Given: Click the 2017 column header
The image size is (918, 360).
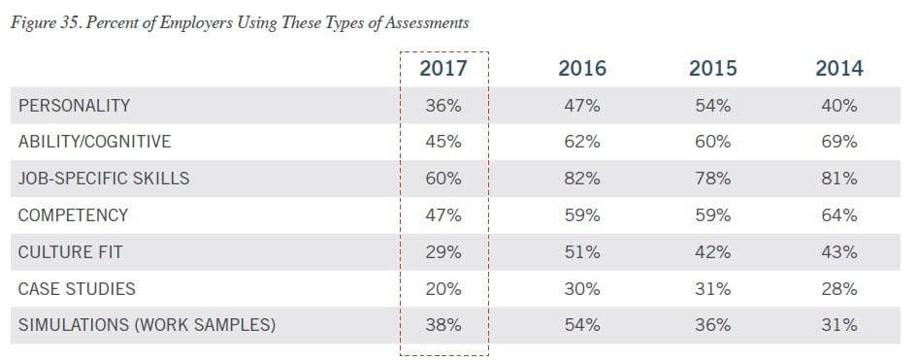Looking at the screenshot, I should pos(443,69).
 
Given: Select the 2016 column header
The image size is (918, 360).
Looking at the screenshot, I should pos(582,69).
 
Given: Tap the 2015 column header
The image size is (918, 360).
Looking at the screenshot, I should pos(712,69).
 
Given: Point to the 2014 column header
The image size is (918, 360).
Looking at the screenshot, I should pos(839,69).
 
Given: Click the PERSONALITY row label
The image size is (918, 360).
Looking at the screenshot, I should pos(74,105).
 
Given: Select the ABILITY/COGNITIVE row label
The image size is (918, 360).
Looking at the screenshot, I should pos(94,142).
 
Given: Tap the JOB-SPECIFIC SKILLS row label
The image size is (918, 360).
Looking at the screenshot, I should pos(104,179).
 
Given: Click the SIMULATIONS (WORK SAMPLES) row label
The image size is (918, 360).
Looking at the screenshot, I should pos(147,326).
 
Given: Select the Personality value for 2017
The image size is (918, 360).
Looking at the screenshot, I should pos(443,105).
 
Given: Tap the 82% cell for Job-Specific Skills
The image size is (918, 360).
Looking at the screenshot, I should pos(582,179).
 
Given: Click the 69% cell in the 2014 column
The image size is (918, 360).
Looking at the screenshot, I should pos(839,142).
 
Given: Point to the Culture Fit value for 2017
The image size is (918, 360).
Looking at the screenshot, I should pos(443,252).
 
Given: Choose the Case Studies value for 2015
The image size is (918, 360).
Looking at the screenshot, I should pos(712,289).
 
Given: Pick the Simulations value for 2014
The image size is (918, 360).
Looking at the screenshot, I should pos(839,326).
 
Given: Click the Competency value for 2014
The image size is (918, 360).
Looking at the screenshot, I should pos(839,215).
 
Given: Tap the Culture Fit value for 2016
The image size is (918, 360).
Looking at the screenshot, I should pos(582,252).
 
